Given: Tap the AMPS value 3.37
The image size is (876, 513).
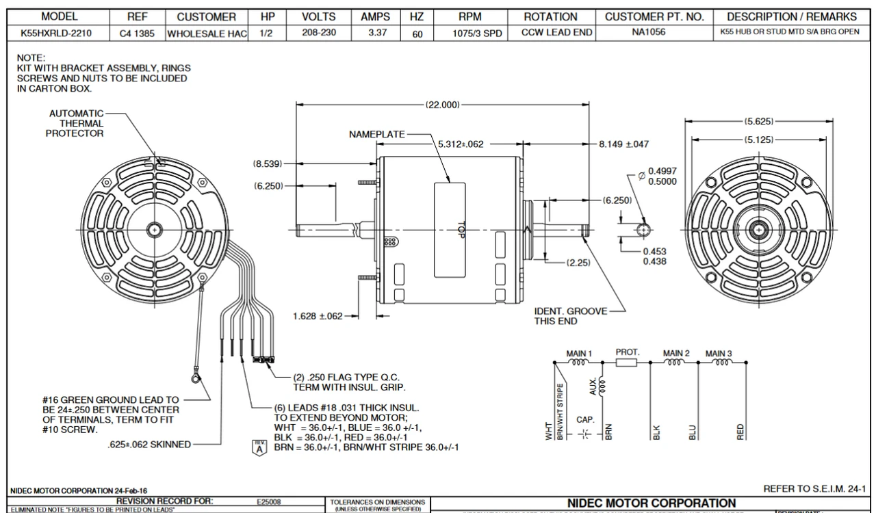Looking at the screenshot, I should point(374,32).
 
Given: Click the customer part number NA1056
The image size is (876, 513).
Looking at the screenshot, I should point(654,32).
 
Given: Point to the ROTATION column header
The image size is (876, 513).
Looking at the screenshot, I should point(550,16).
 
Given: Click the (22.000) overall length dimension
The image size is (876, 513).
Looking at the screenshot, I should point(442,105).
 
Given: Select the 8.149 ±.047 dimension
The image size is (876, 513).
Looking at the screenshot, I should point(623,144).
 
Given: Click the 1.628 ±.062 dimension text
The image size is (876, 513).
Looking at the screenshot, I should point(317,316).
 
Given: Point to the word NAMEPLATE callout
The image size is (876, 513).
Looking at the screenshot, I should point(377,135).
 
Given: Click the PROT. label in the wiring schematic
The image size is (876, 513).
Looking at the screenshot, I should point(627,352).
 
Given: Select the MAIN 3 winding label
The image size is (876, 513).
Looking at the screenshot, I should point(719,354).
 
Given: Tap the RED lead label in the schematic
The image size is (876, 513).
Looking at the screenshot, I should point(740,432).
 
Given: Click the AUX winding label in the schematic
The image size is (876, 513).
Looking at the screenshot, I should point(593,387).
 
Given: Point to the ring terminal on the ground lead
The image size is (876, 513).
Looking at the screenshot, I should point(195,375).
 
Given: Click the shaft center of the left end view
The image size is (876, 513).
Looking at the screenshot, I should point(155,230).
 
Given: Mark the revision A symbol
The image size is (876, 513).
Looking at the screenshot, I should point(258,448).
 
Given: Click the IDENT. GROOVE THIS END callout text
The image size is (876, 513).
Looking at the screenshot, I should point(570,316).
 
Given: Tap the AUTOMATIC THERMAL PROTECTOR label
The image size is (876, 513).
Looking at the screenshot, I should point(76,123).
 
